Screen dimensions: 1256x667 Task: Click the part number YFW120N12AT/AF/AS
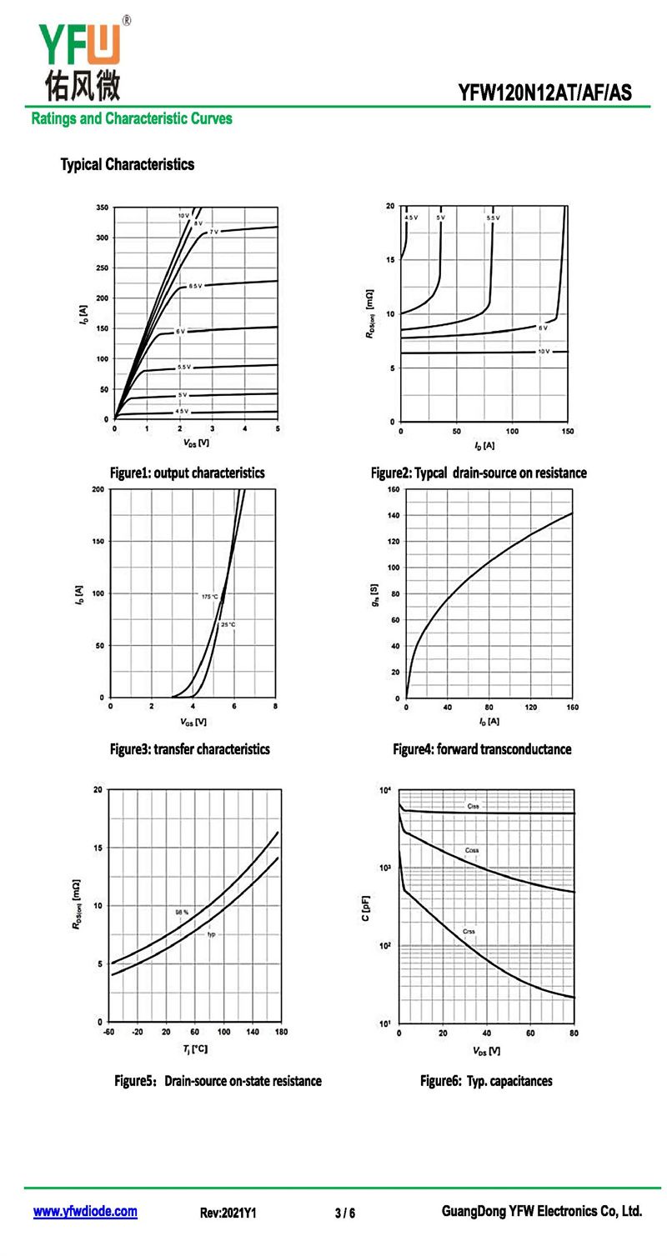544,93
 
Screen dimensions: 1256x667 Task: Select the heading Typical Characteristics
127,164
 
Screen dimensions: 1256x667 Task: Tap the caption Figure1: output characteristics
187,473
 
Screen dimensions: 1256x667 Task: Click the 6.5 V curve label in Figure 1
194,286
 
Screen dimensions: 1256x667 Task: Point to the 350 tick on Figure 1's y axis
102,207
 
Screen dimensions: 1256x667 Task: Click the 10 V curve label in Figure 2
544,352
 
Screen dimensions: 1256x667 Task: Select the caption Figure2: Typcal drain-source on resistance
479,473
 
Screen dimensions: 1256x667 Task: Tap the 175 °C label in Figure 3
209,597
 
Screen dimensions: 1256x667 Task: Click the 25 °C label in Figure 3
228,624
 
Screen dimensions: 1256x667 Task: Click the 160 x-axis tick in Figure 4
572,708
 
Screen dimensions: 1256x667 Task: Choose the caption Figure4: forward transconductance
482,749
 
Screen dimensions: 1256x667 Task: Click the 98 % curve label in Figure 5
182,913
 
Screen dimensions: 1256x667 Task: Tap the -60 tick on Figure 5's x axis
109,1032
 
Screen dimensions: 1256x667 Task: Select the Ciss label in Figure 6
473,806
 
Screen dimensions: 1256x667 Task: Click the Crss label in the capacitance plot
469,931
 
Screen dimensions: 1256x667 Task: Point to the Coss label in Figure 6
472,850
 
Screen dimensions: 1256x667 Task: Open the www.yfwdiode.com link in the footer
85,1211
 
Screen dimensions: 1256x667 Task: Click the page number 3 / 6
345,1213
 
